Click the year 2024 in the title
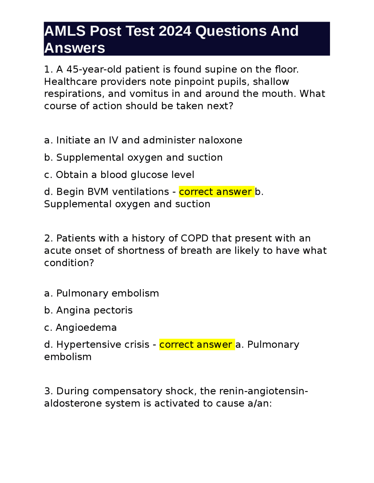tap(175, 31)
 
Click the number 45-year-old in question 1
tap(90, 69)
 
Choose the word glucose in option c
tap(149, 175)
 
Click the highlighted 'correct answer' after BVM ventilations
tap(216, 192)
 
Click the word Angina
tap(73, 310)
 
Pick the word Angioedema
tap(86, 328)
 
